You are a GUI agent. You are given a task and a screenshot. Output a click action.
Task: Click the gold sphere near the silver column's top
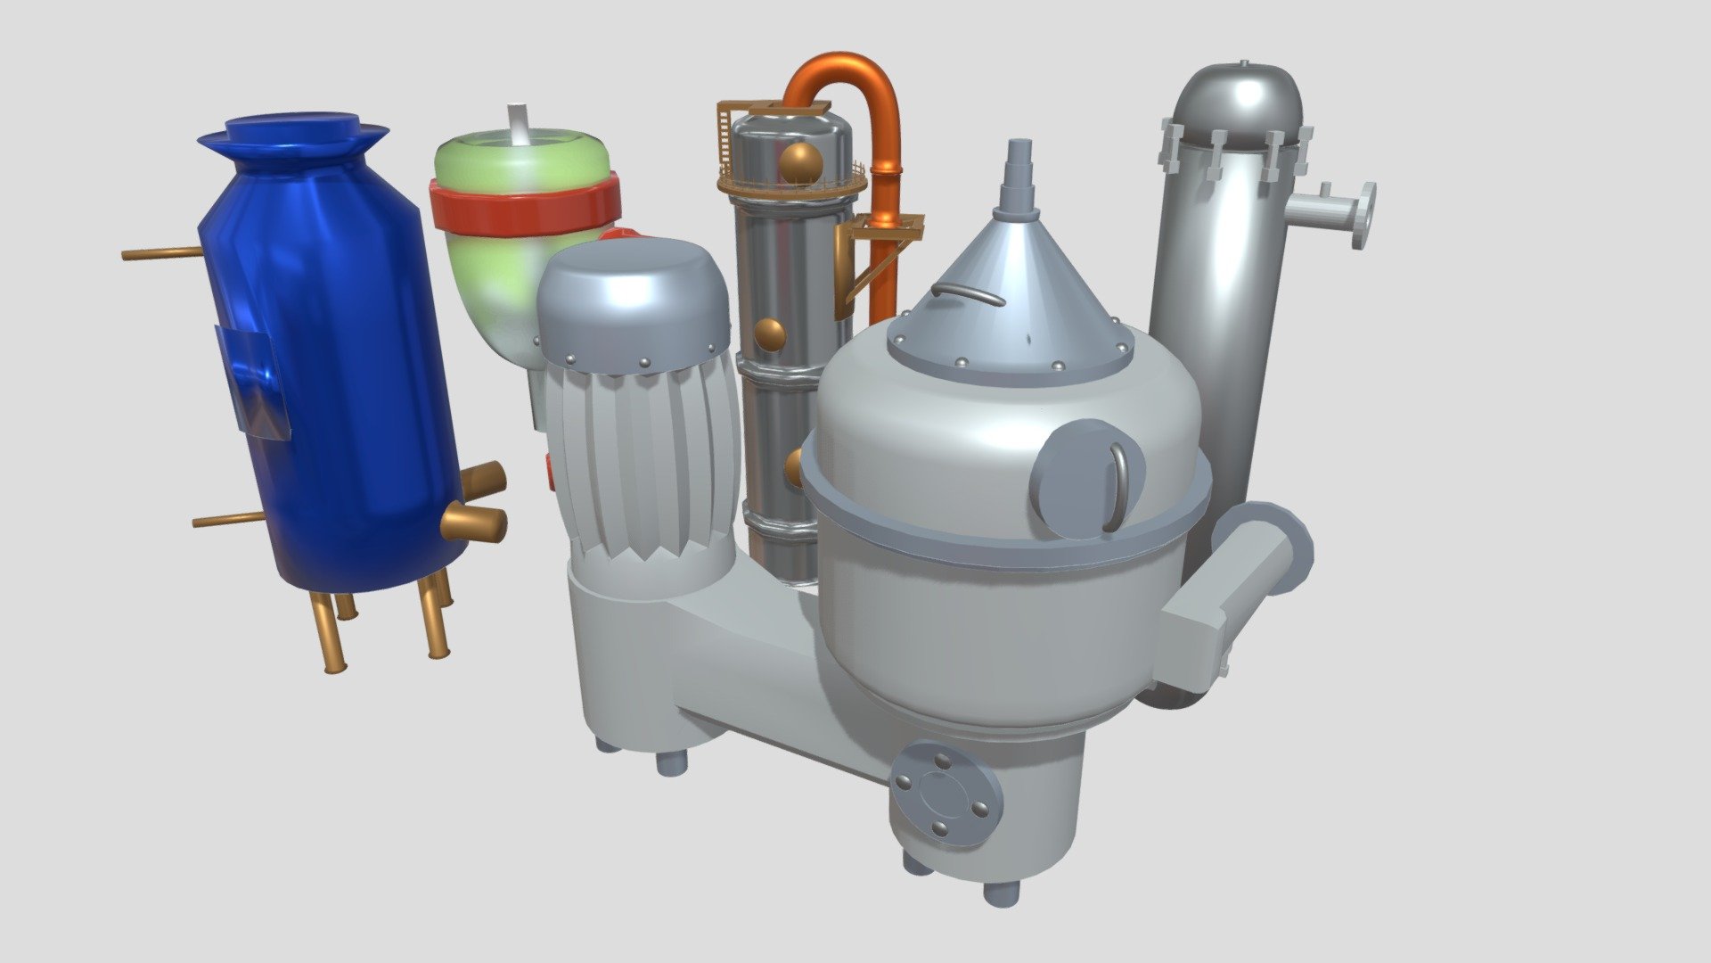800,162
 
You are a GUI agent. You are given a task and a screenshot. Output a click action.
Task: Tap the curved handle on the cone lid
968,292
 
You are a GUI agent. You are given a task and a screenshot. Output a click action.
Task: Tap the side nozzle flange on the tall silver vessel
1363,214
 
